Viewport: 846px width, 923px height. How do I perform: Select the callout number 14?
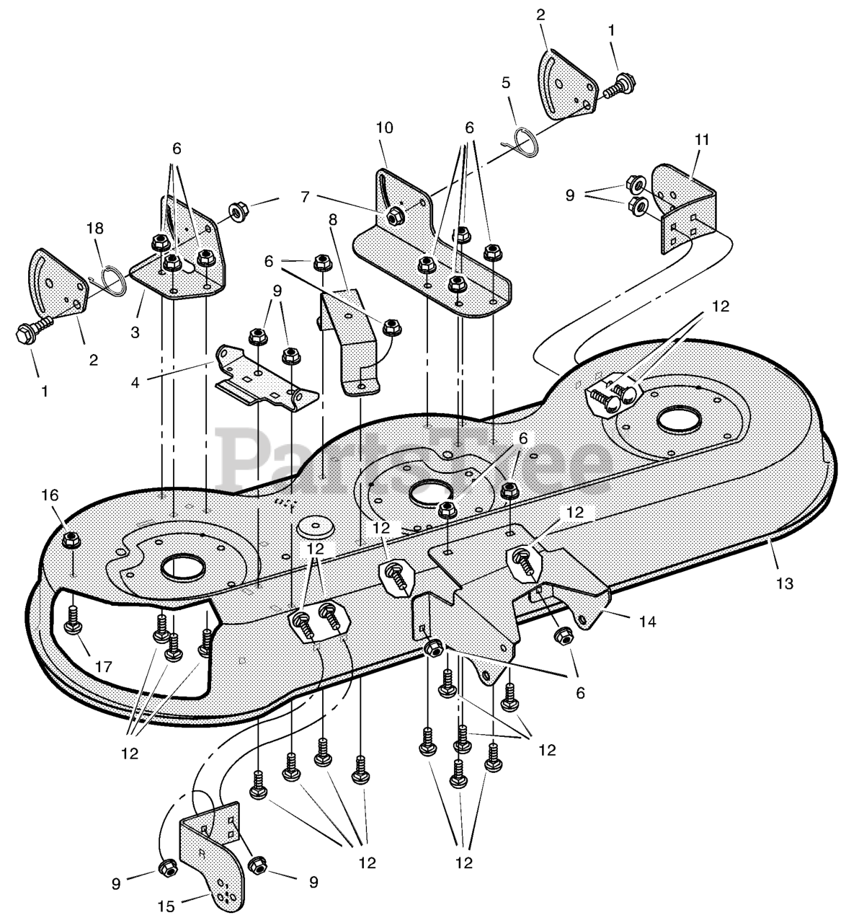coord(648,621)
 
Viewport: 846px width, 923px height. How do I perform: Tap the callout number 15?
coord(166,906)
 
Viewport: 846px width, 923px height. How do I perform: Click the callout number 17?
coord(104,667)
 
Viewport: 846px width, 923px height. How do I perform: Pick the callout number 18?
coord(94,229)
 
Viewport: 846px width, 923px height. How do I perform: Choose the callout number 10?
coord(385,128)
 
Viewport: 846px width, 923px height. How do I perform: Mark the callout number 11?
coord(701,140)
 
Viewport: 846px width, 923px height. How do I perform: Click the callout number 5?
coord(506,82)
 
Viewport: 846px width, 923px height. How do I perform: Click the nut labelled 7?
coord(394,215)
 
